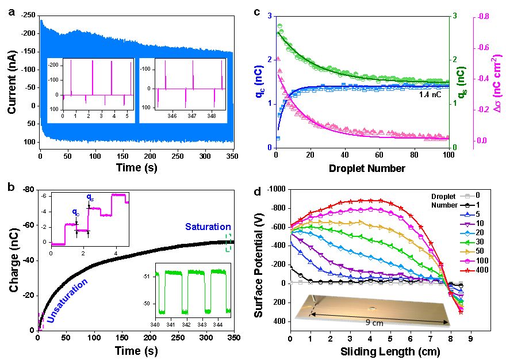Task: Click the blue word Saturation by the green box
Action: pyautogui.click(x=208, y=227)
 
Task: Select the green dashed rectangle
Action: pyautogui.click(x=228, y=243)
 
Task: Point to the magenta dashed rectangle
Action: pyautogui.click(x=41, y=321)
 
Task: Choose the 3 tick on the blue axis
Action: pyautogui.click(x=269, y=16)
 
